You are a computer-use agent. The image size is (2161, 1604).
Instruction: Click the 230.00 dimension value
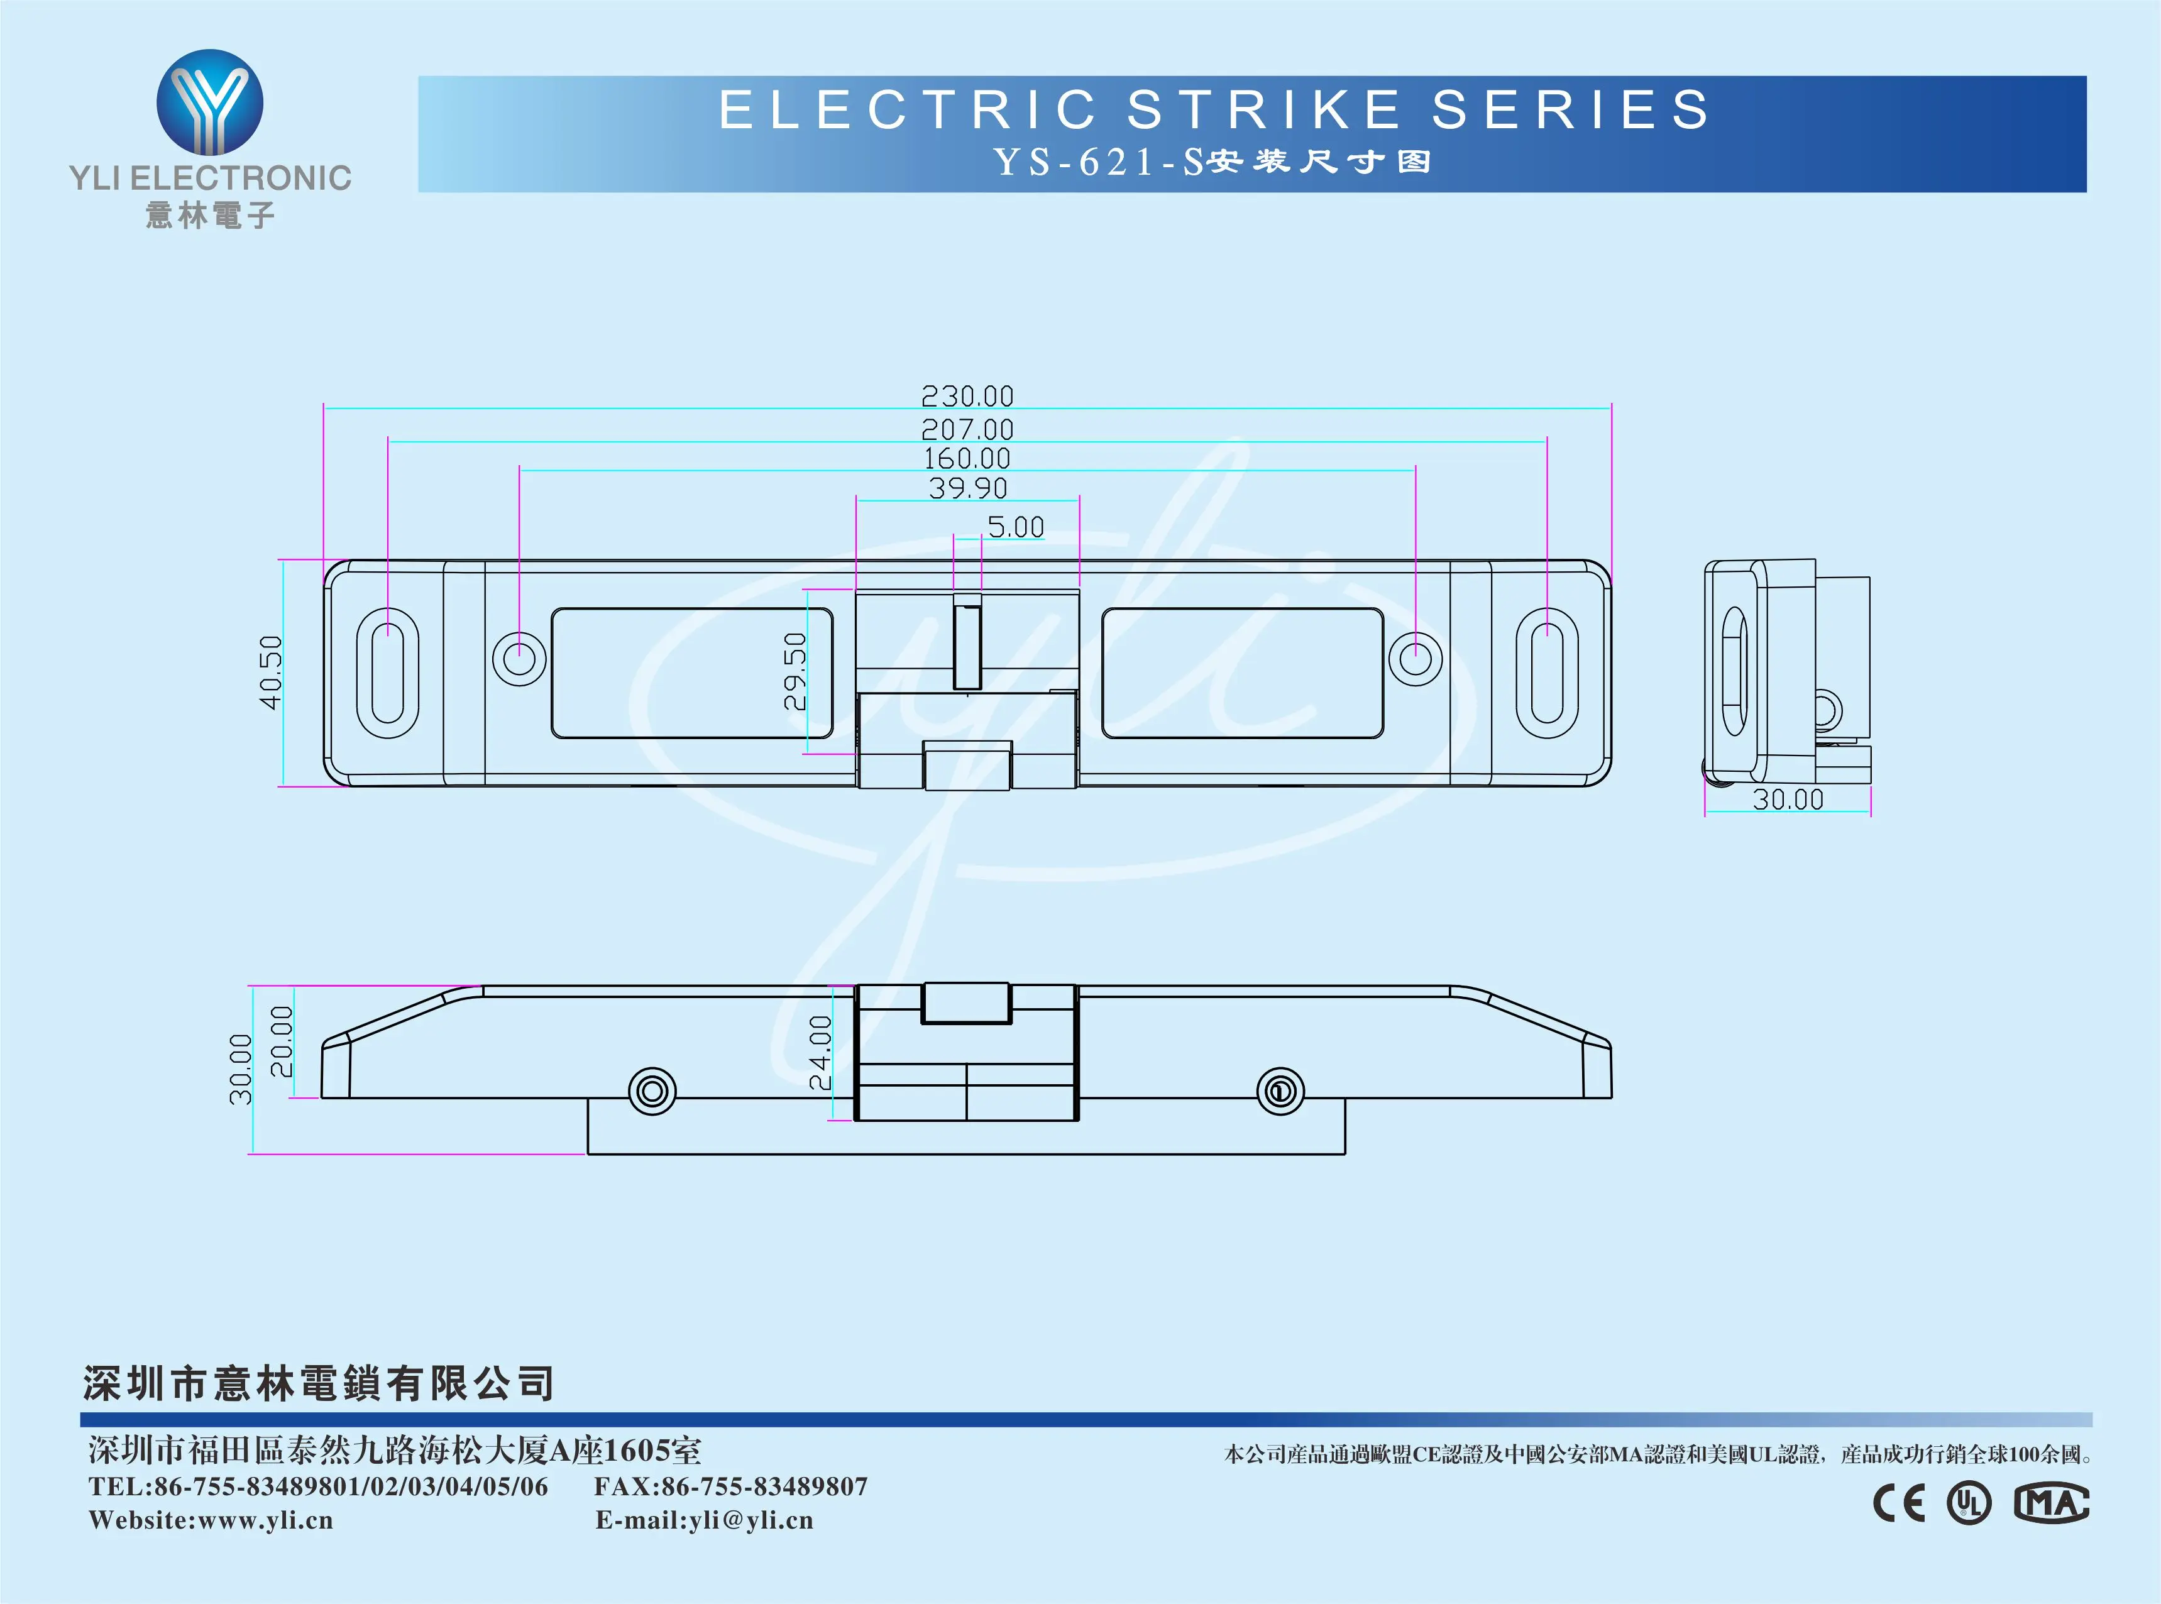click(967, 396)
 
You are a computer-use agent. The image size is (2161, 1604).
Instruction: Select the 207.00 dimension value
click(967, 429)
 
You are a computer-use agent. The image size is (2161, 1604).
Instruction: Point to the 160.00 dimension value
click(967, 458)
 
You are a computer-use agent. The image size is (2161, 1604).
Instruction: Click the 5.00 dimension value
click(1016, 527)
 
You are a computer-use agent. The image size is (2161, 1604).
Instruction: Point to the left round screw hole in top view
click(519, 658)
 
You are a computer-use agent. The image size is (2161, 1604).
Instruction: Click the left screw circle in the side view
click(652, 1091)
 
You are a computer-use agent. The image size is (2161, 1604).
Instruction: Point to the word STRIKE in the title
click(1264, 109)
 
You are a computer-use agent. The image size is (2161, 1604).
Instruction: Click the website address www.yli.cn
click(265, 1520)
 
